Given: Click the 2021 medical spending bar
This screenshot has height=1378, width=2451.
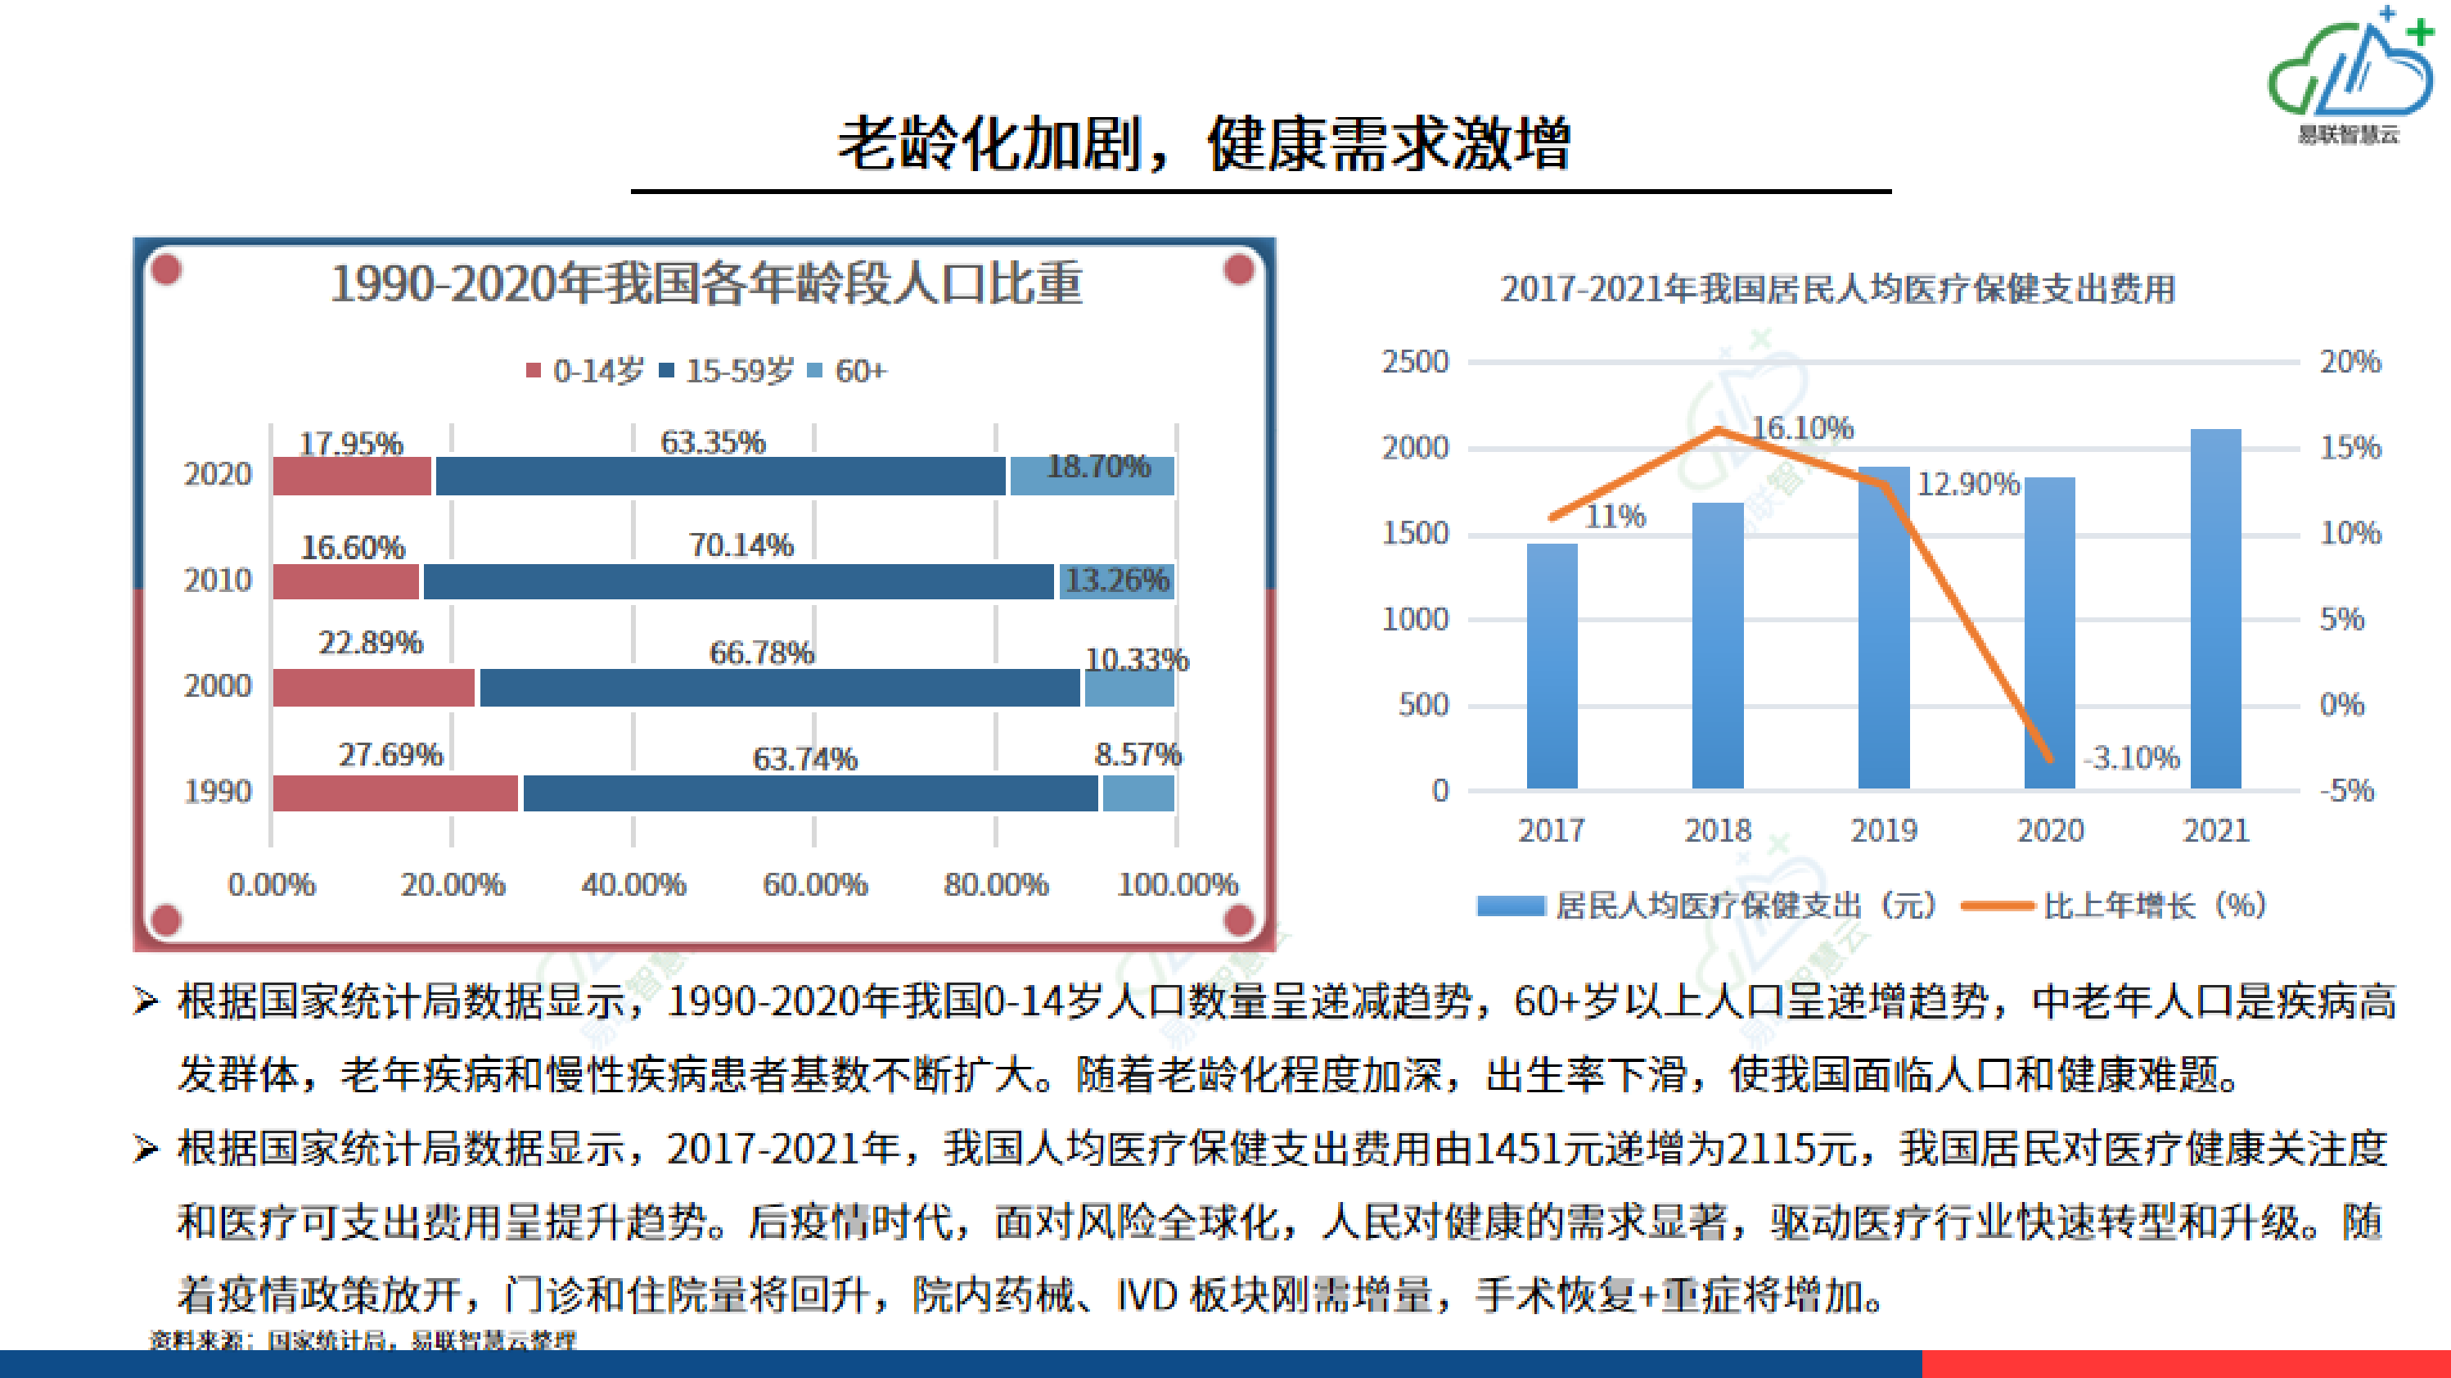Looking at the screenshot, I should point(2215,609).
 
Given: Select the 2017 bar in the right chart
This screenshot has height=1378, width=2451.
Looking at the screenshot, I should point(1552,666).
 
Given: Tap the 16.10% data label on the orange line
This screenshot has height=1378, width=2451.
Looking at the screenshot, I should point(1802,428).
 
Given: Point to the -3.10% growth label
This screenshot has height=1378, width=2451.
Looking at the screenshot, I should point(2131,757).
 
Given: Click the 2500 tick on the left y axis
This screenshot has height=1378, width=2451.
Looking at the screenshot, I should point(1415,362).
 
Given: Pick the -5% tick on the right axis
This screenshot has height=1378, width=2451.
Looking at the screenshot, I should point(2346,790).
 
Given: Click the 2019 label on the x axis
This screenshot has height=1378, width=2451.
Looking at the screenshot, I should point(1883,830).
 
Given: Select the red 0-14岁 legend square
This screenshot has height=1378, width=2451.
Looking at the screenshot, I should point(534,370).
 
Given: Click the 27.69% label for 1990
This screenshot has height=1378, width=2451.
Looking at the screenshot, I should point(390,755).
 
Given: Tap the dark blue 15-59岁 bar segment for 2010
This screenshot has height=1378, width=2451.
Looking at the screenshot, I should point(737,581).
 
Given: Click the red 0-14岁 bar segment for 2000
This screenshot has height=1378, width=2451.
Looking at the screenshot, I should point(373,688).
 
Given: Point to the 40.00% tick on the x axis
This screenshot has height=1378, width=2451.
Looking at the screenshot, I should point(633,884).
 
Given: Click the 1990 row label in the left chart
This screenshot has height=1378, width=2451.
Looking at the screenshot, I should point(217,792).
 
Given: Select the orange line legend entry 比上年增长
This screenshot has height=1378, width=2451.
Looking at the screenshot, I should point(2117,905).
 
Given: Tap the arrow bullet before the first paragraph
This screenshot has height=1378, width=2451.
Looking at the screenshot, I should point(145,1001).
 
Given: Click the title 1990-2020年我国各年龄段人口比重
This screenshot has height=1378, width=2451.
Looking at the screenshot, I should point(705,283).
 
